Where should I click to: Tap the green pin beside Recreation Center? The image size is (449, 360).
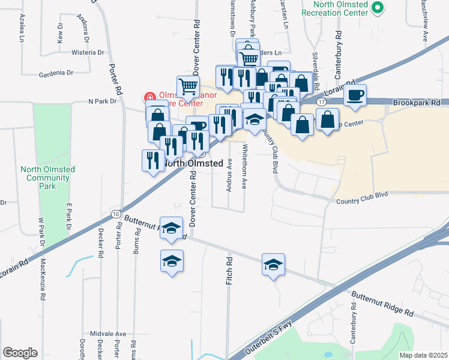click(377, 8)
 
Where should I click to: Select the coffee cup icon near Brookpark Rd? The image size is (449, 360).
click(355, 95)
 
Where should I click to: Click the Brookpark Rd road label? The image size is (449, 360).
click(421, 103)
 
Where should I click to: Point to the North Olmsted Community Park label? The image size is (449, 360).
click(48, 178)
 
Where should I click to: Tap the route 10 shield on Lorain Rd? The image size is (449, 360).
click(115, 214)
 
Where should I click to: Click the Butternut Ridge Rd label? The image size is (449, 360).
click(382, 304)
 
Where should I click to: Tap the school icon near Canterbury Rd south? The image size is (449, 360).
click(273, 264)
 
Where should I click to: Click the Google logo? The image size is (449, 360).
click(20, 353)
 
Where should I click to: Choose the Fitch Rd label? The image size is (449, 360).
click(229, 271)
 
